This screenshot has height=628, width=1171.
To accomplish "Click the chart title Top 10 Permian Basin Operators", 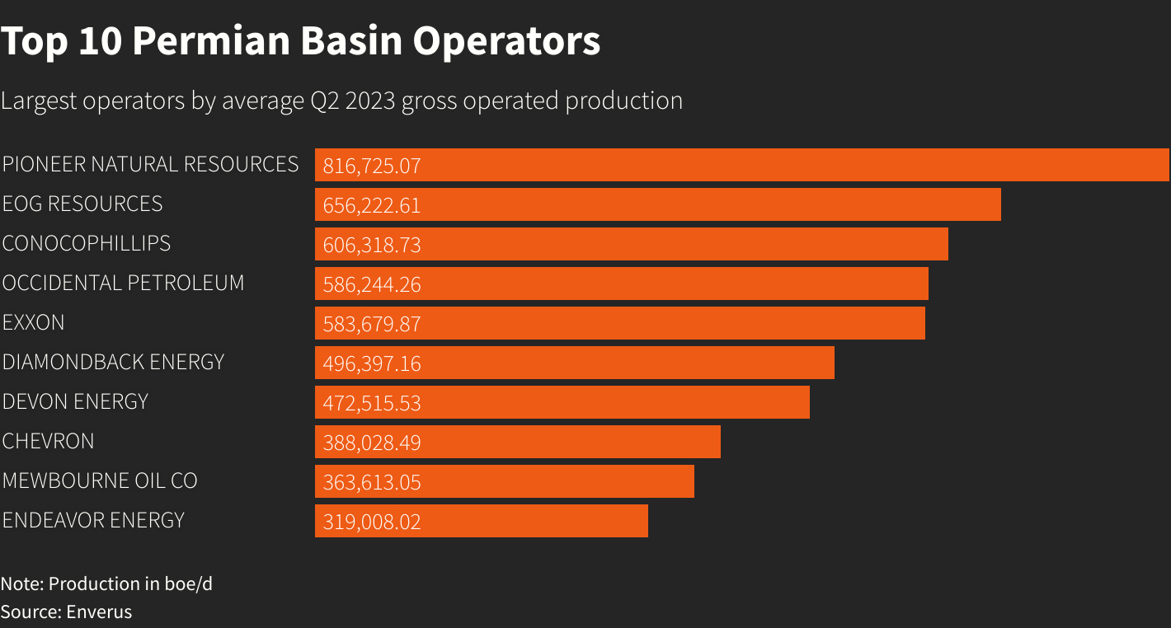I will (x=300, y=41).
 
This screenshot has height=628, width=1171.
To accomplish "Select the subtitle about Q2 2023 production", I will (x=341, y=101).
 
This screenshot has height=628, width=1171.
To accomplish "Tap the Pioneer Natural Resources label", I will (x=150, y=164).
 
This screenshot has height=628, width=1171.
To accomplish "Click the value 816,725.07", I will (x=372, y=166).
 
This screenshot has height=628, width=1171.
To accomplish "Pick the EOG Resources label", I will (x=82, y=204).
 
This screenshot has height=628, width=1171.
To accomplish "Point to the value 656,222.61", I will (x=372, y=205).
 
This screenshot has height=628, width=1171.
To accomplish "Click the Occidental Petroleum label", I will (x=123, y=283).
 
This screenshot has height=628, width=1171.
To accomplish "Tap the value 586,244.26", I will (x=372, y=284).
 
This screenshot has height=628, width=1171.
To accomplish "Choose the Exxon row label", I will (x=33, y=322).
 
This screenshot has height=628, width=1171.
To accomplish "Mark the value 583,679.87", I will (x=372, y=324).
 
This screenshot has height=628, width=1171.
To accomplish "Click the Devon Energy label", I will (x=75, y=401).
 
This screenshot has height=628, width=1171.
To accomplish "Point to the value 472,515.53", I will (x=372, y=403).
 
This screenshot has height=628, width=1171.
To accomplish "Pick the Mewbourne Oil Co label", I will (x=100, y=480).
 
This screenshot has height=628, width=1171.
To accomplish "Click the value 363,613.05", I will (x=372, y=482).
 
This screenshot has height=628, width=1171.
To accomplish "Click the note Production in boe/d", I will (x=106, y=583).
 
